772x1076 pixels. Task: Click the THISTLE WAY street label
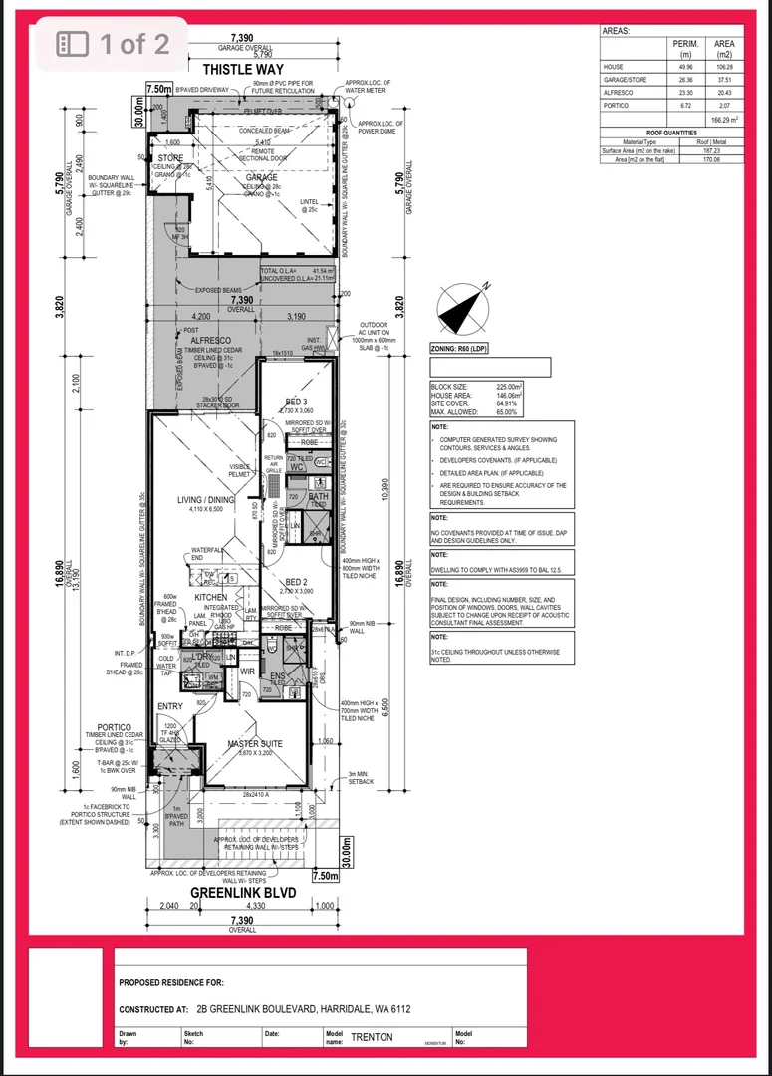coord(244,70)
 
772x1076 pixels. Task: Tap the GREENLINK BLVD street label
coord(243,893)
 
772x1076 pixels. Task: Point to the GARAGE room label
coord(262,177)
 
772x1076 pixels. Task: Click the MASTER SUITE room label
coord(256,744)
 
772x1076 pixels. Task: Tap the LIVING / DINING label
coord(205,500)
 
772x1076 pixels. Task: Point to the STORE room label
coord(170,158)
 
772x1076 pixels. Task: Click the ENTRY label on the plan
coord(170,707)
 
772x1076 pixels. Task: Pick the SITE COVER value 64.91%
coord(509,403)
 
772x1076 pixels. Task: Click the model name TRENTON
coord(372,1037)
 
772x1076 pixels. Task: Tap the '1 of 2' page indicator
coord(112,43)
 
